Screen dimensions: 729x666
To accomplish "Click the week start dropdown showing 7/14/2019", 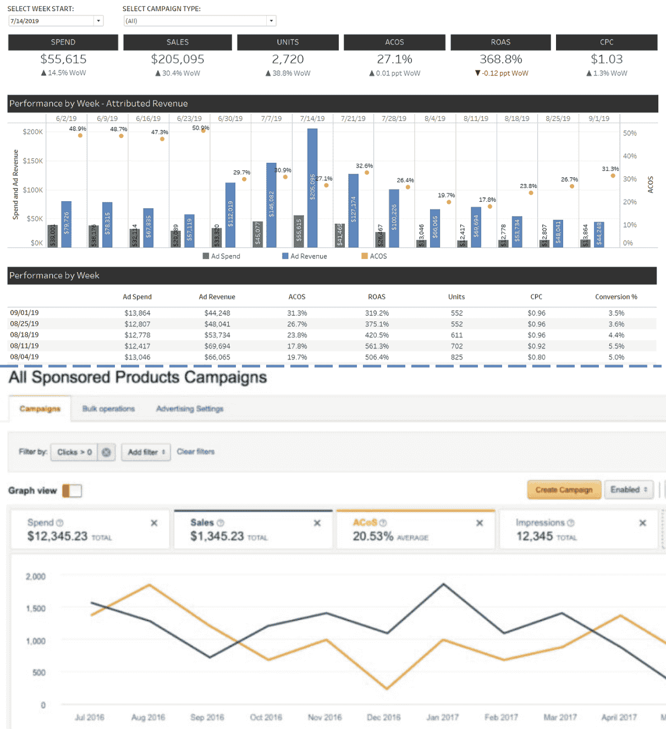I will click(56, 21).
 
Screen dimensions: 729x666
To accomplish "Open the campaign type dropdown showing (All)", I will click(200, 21).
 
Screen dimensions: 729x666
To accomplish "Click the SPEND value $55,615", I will click(63, 59).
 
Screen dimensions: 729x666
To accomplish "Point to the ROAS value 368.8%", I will click(500, 59).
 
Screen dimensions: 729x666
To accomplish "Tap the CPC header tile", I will click(607, 42).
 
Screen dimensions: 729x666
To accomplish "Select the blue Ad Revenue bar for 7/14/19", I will click(312, 187).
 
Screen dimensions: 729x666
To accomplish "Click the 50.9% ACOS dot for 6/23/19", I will click(203, 131).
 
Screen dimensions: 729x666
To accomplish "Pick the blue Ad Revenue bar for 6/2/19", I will click(67, 224).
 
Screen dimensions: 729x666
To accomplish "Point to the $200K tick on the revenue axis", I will click(32, 132).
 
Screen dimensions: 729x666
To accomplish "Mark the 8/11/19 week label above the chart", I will click(476, 119).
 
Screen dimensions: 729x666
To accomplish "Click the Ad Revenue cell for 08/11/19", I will click(217, 346).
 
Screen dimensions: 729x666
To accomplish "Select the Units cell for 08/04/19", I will click(456, 357).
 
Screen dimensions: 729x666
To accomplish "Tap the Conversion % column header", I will click(616, 297).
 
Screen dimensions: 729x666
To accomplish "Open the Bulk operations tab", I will click(108, 408).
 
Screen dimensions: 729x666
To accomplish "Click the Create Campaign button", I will click(564, 490).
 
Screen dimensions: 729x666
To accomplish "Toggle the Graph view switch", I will click(72, 490).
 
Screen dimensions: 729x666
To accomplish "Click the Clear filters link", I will click(196, 452).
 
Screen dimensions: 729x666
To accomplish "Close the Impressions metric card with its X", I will click(642, 523).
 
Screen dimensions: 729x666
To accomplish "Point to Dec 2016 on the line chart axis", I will click(383, 717).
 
